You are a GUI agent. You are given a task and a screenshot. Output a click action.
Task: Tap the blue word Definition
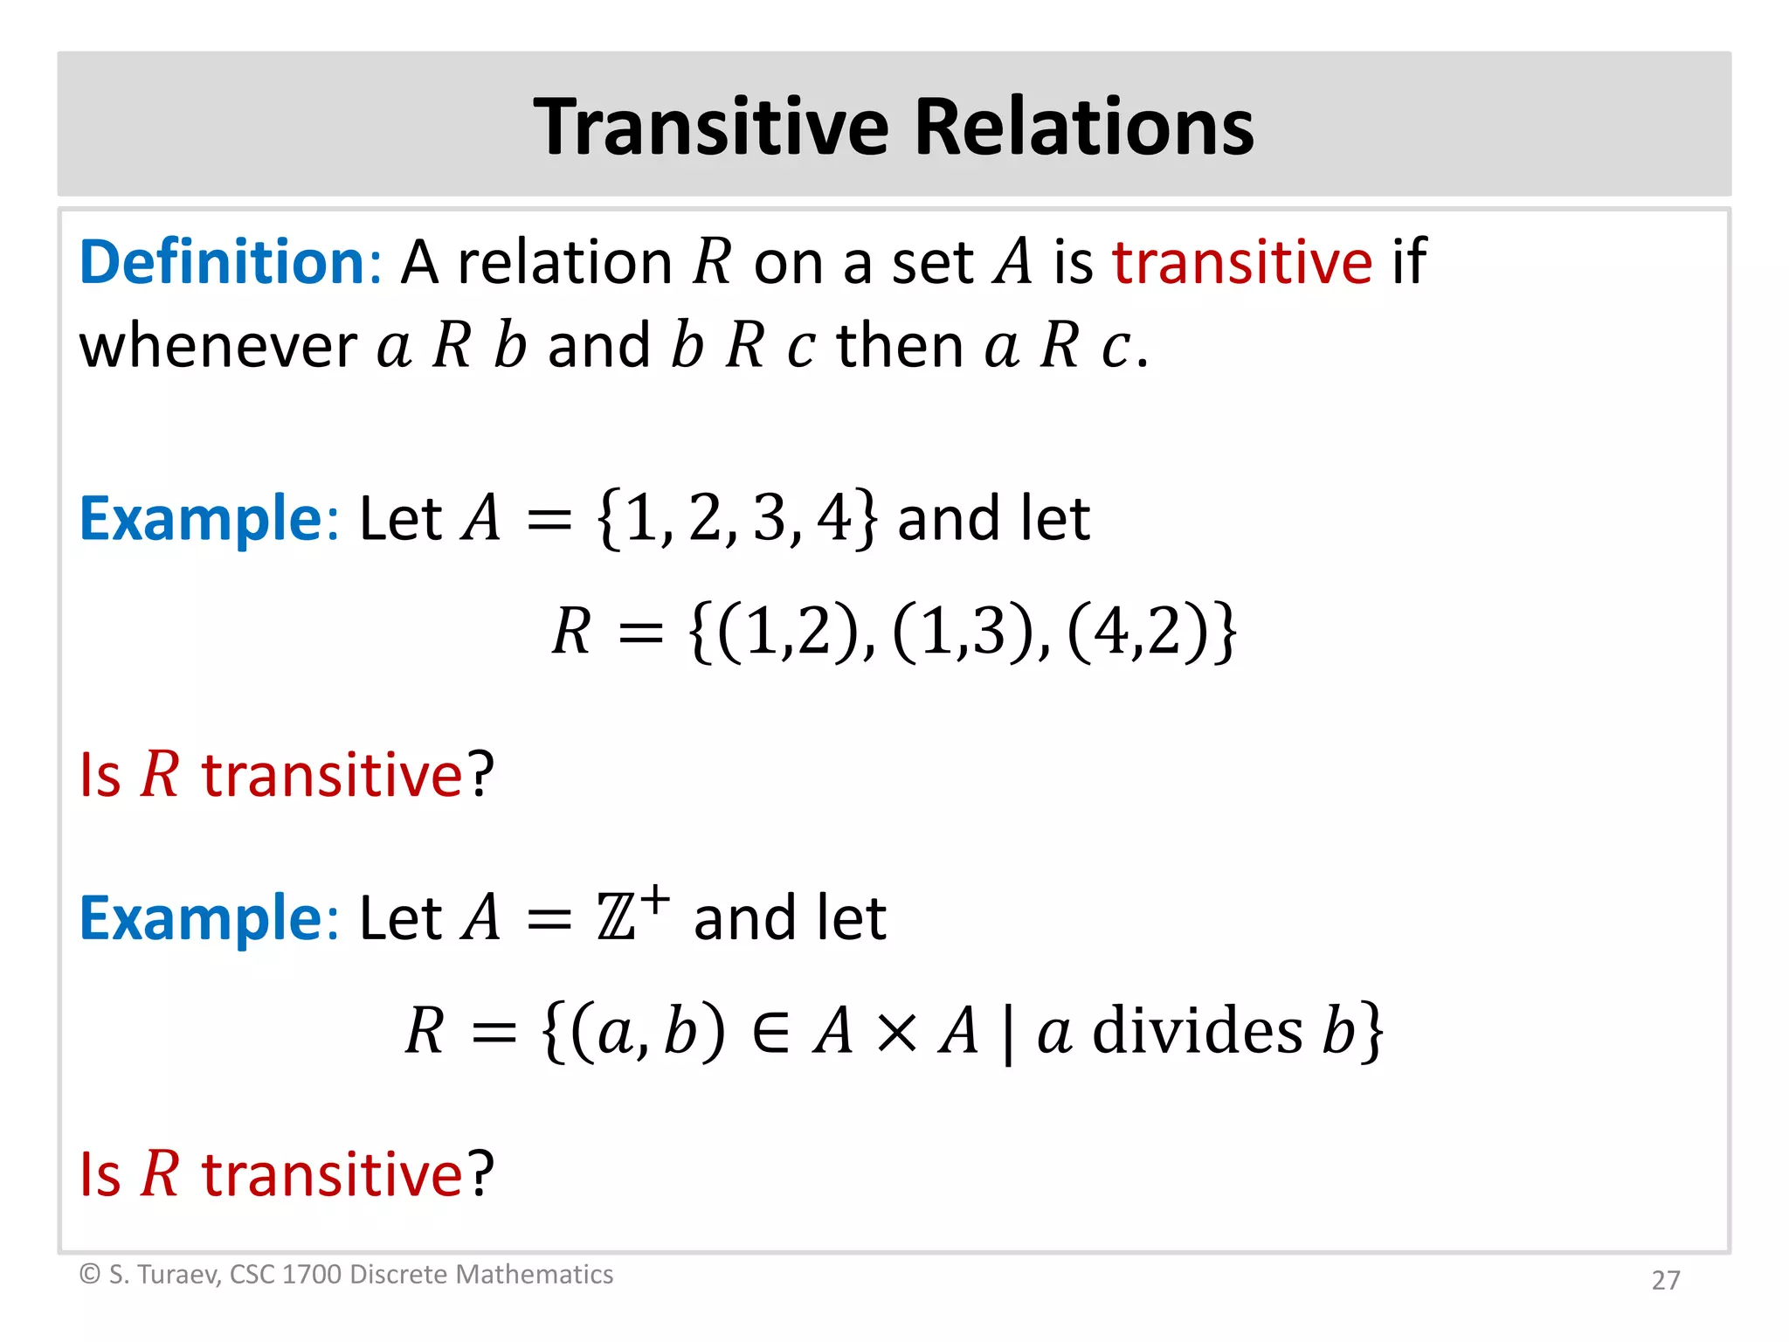click(x=223, y=262)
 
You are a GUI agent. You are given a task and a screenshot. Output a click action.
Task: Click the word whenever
click(x=218, y=346)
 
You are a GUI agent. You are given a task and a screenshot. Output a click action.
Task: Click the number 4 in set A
click(x=833, y=518)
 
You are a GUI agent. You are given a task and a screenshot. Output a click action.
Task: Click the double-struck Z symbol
click(x=617, y=919)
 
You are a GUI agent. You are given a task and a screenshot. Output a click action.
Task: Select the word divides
click(x=1198, y=1031)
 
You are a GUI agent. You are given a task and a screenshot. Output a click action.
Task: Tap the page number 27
click(x=1665, y=1280)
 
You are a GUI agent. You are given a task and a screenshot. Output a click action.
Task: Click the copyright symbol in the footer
click(x=89, y=1275)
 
